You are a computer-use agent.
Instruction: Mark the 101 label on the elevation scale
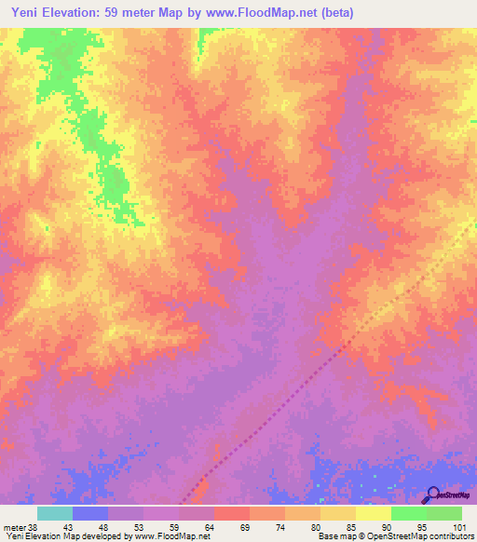(x=458, y=526)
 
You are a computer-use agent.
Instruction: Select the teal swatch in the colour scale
(x=55, y=513)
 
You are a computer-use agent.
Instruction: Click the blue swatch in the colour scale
(x=90, y=513)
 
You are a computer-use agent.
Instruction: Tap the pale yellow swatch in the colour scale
(x=374, y=513)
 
